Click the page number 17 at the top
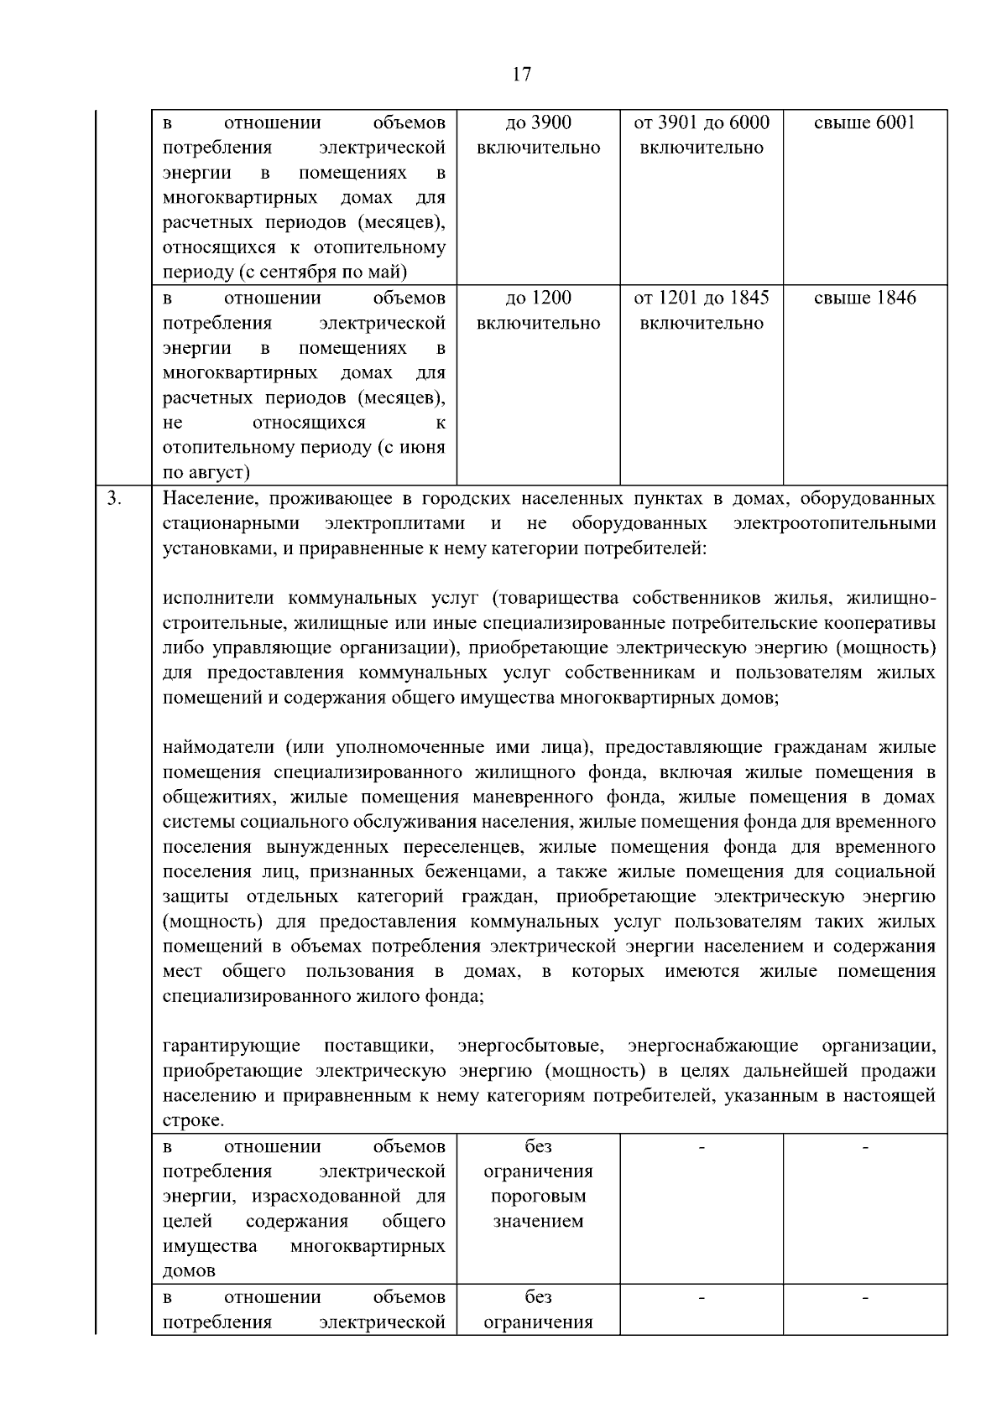click(x=520, y=75)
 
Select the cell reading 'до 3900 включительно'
click(x=538, y=135)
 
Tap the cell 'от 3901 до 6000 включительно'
click(x=702, y=135)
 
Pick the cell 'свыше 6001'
click(x=864, y=122)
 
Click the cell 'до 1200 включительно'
click(x=538, y=310)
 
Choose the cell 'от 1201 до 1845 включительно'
click(x=702, y=310)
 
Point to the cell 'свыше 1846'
click(x=864, y=298)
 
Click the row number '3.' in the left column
click(x=114, y=499)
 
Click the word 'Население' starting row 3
click(x=200, y=499)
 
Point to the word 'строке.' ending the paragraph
click(x=193, y=1120)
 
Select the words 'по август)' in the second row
click(x=206, y=472)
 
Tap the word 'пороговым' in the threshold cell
click(x=538, y=1196)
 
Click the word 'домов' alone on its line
click(x=189, y=1270)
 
